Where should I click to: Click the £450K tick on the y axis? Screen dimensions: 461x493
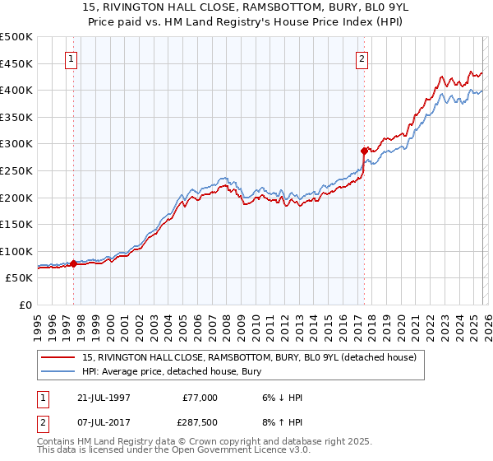[x=16, y=63]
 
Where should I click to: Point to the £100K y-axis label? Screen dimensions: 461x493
[x=16, y=251]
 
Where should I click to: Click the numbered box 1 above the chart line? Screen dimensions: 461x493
[x=73, y=58]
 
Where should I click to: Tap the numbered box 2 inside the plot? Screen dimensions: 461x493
[x=362, y=58]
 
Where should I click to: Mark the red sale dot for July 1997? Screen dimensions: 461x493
[x=74, y=263]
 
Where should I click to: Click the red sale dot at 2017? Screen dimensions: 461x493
[x=363, y=151]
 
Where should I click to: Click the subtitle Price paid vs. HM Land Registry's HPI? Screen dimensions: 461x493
[x=246, y=21]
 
